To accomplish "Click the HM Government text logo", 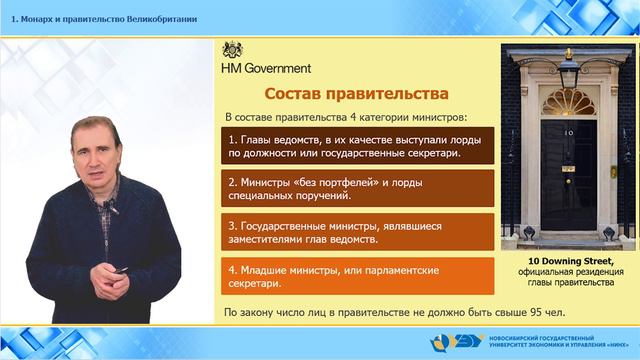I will [265, 68].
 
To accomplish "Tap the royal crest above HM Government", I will [231, 50].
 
